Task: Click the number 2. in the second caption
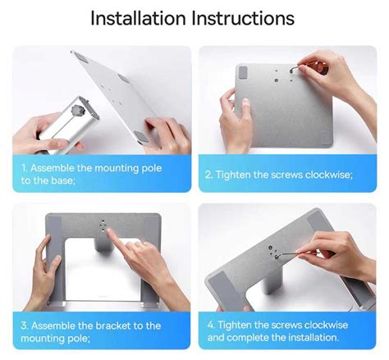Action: (209, 174)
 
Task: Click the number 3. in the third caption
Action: (25, 325)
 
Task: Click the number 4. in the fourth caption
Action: (210, 325)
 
